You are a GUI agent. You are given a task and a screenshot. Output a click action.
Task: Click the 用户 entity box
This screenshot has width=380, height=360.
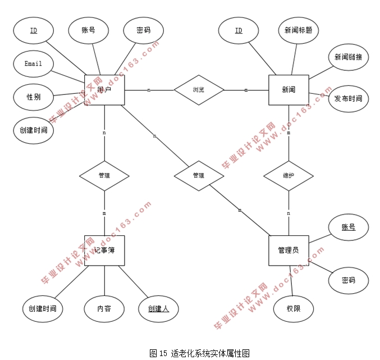[x=104, y=90]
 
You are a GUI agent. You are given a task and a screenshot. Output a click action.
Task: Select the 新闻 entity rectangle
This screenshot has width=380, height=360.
[x=289, y=90]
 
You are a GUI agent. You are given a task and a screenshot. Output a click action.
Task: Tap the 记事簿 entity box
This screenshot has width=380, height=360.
[x=104, y=250]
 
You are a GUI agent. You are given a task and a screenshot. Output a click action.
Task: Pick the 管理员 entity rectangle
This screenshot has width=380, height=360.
[x=289, y=250]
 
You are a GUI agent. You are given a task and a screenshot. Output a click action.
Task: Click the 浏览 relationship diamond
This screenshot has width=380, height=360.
[x=199, y=90]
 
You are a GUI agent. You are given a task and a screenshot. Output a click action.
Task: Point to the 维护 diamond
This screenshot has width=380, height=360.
[x=289, y=176]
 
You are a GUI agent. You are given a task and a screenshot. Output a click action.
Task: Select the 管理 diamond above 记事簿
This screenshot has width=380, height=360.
[x=104, y=176]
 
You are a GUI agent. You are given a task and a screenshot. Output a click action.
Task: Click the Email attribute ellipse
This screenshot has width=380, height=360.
[x=33, y=63]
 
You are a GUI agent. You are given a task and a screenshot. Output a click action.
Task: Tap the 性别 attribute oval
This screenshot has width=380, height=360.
[x=33, y=97]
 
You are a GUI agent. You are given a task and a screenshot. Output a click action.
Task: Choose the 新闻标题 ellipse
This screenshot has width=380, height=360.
[x=298, y=30]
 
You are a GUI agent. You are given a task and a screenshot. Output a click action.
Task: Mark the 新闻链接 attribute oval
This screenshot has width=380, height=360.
[x=348, y=57]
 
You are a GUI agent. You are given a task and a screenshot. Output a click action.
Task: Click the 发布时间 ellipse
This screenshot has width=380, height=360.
[x=348, y=99]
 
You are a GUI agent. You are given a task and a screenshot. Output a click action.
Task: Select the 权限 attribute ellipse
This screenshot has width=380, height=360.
[x=293, y=309]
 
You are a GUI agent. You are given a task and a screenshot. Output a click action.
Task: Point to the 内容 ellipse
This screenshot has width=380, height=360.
[x=104, y=309]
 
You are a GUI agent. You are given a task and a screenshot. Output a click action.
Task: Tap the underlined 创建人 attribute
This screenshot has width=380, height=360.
[x=159, y=309]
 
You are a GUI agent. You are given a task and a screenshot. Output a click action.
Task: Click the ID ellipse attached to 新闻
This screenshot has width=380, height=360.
[x=239, y=30]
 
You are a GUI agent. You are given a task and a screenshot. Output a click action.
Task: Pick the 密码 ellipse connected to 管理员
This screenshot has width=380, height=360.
[x=348, y=280]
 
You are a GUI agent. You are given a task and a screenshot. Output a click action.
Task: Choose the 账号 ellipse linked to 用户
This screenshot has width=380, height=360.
[x=88, y=30]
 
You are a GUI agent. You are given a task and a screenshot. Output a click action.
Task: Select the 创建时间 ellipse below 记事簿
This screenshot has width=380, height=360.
[x=42, y=309]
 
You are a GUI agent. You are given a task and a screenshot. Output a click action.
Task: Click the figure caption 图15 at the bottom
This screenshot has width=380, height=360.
[x=199, y=353]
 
